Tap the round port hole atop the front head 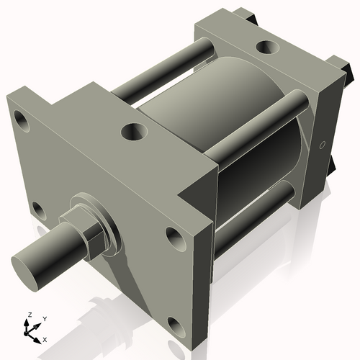pos(133,131)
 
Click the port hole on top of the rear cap pos(267,47)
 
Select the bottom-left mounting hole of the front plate pos(39,210)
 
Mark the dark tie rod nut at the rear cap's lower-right pos(333,166)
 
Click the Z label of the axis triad pos(28,315)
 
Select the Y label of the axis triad pos(44,318)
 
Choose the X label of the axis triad pos(45,338)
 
